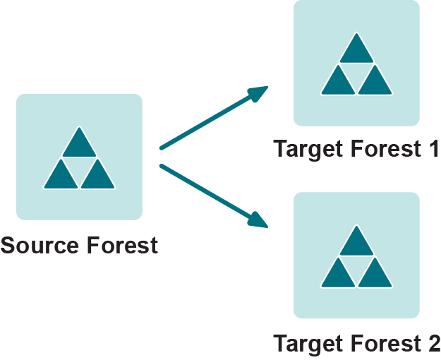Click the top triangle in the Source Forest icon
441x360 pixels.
79,145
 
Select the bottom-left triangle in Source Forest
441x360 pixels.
61,176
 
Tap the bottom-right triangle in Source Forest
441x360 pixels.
97,176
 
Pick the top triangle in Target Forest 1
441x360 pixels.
356,51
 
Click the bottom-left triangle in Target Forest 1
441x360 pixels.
338,83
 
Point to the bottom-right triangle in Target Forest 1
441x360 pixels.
375,83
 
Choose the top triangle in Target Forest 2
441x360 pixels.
356,244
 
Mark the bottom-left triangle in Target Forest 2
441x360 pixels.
338,275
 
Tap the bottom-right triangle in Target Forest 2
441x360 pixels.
375,275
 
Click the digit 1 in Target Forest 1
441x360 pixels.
433,150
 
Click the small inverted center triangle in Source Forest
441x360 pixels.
79,166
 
